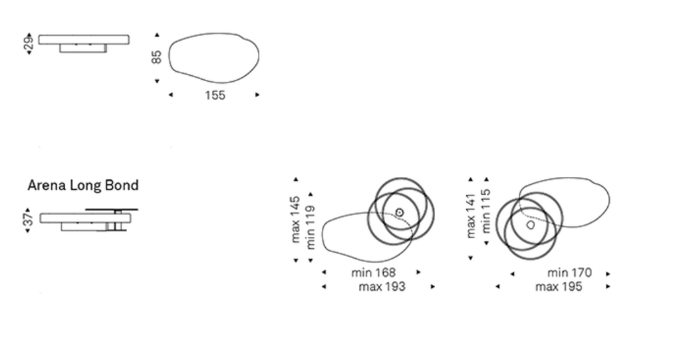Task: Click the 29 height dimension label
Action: click(x=28, y=43)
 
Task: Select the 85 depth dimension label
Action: click(x=156, y=57)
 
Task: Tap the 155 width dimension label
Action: click(x=215, y=95)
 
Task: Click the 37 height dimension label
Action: click(x=27, y=219)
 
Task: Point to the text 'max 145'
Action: click(x=295, y=219)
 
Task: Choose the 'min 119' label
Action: click(x=310, y=228)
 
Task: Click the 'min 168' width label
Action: click(x=374, y=273)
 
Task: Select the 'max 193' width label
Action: click(x=382, y=287)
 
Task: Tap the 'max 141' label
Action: click(x=471, y=216)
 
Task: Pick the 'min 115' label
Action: click(x=485, y=210)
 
